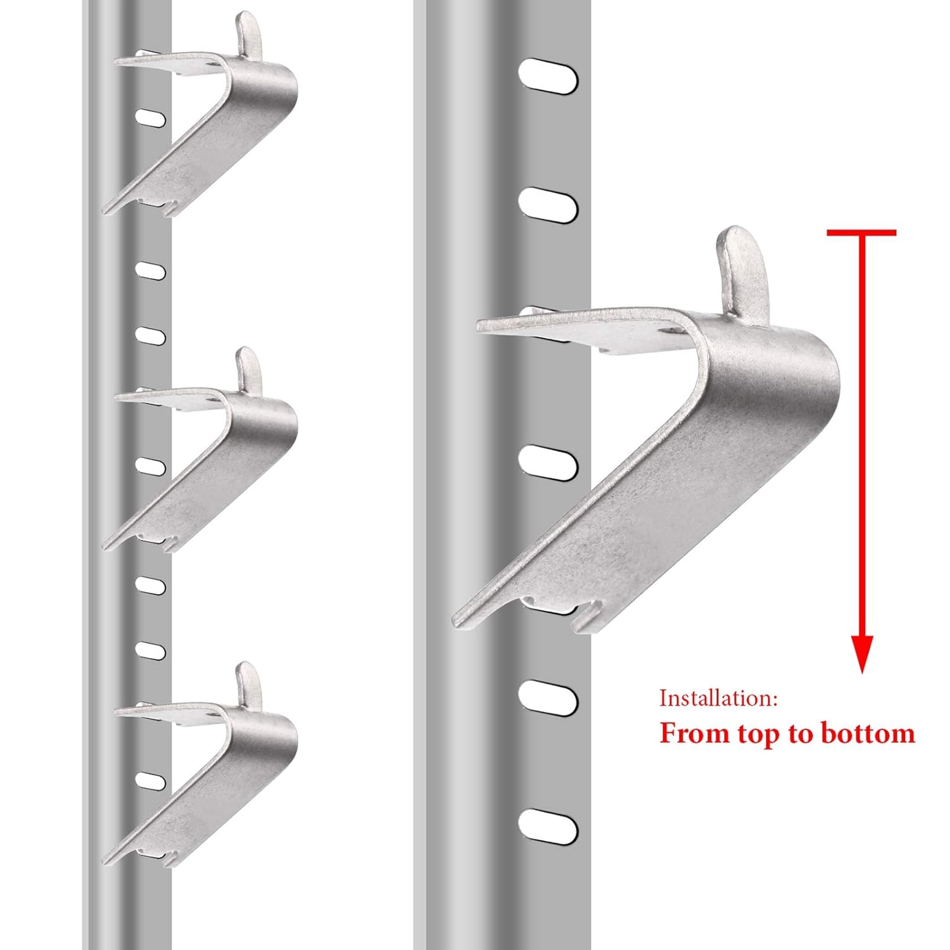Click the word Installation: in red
(718, 698)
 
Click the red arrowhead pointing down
(862, 652)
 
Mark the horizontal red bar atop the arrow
(861, 233)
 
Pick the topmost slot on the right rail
(548, 77)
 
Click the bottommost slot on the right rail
(548, 826)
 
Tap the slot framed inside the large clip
(548, 462)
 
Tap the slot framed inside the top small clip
(151, 118)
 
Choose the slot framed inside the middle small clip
(151, 467)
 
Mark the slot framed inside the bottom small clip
(151, 781)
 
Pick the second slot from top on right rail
(548, 205)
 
